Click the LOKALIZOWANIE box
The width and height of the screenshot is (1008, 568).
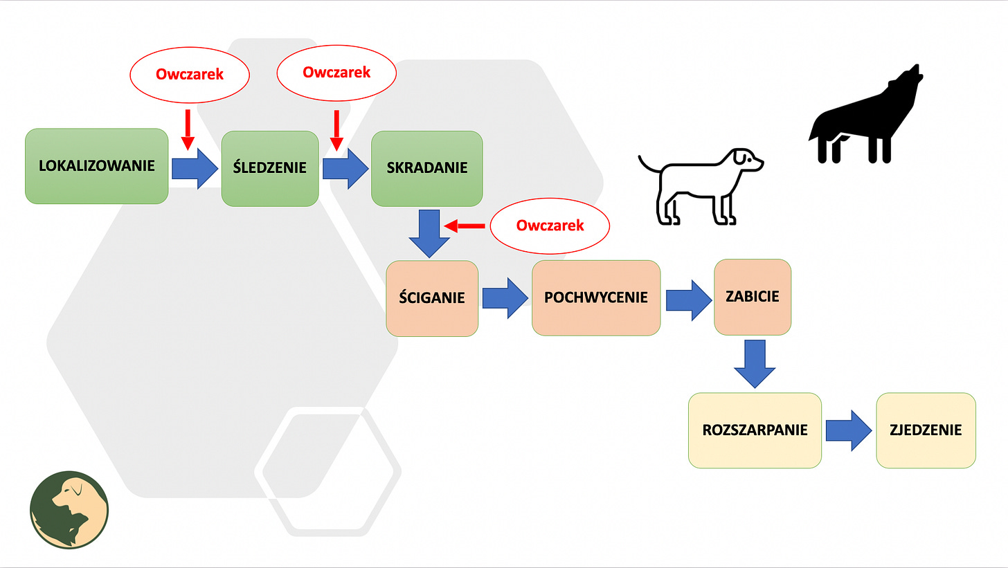tap(96, 166)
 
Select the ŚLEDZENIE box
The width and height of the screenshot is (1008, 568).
tap(270, 167)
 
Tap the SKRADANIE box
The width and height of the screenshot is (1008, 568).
tap(426, 168)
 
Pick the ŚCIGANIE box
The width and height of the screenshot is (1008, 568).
tap(432, 298)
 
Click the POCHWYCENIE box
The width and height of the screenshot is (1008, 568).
tap(595, 297)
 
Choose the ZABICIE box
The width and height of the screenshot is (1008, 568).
tap(752, 297)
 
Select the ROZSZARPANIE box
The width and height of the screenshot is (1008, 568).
tap(755, 430)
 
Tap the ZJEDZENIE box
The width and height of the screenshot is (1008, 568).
tap(926, 430)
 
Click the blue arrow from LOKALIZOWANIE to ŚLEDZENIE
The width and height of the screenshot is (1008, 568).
tap(195, 168)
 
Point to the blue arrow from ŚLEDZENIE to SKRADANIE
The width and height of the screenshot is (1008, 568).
tap(345, 168)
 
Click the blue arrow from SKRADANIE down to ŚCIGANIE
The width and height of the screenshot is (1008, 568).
tap(429, 233)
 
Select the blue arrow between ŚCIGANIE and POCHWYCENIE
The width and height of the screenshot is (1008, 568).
tap(505, 298)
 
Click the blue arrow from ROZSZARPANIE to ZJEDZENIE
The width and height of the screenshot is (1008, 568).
tap(848, 430)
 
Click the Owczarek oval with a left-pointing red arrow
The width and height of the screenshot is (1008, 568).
tap(550, 226)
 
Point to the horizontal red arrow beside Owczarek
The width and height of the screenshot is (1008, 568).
tap(465, 226)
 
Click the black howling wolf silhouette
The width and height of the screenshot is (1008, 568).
tap(865, 118)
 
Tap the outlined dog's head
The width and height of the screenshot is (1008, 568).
tap(746, 161)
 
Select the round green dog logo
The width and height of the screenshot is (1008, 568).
tap(69, 511)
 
